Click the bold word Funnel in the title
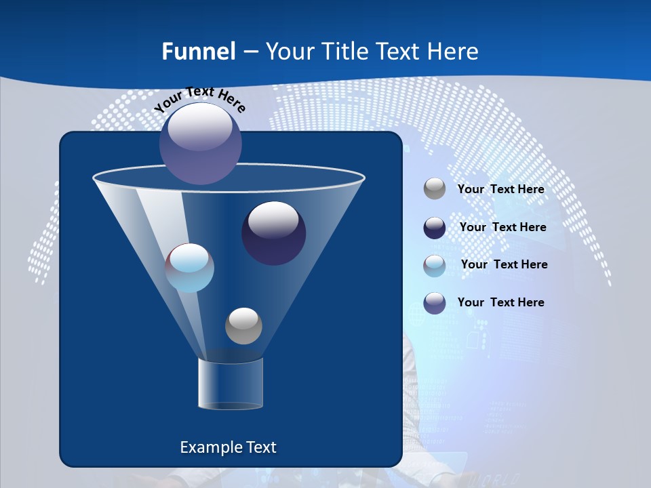click(198, 52)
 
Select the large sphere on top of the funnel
click(201, 143)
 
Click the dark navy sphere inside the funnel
click(274, 232)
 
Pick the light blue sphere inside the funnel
click(190, 268)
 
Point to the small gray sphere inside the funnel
click(243, 325)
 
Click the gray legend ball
click(435, 189)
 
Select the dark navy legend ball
click(435, 228)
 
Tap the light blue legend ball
click(435, 266)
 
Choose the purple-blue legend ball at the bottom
click(435, 303)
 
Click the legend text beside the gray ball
click(500, 190)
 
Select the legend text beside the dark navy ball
click(502, 227)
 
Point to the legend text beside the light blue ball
click(504, 264)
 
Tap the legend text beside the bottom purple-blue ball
click(500, 302)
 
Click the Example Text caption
click(228, 447)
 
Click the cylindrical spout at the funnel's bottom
click(230, 384)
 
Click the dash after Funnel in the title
click(250, 52)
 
